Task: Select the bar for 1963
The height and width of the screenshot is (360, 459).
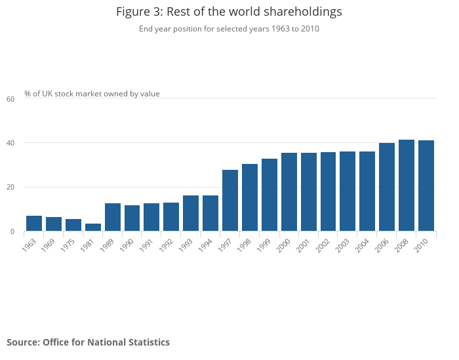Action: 34,224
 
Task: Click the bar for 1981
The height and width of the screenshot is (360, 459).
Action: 93,228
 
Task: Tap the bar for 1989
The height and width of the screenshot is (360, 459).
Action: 113,217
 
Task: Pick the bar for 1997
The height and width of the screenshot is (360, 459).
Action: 230,201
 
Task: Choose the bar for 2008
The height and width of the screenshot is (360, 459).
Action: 407,186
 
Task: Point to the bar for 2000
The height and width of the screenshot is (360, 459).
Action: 289,192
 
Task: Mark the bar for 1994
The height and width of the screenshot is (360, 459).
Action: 210,213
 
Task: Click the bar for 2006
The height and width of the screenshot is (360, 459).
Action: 387,187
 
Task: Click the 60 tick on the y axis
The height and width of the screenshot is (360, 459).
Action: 10,99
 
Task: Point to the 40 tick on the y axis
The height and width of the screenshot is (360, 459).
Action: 10,143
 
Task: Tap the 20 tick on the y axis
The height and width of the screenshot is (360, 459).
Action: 10,188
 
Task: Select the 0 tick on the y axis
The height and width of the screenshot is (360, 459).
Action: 12,231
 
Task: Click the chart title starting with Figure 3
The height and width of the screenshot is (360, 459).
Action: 229,12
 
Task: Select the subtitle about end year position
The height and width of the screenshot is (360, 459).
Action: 229,29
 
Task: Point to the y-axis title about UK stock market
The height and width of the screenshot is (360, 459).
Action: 92,94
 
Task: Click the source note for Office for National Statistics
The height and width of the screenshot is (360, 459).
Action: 88,342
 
